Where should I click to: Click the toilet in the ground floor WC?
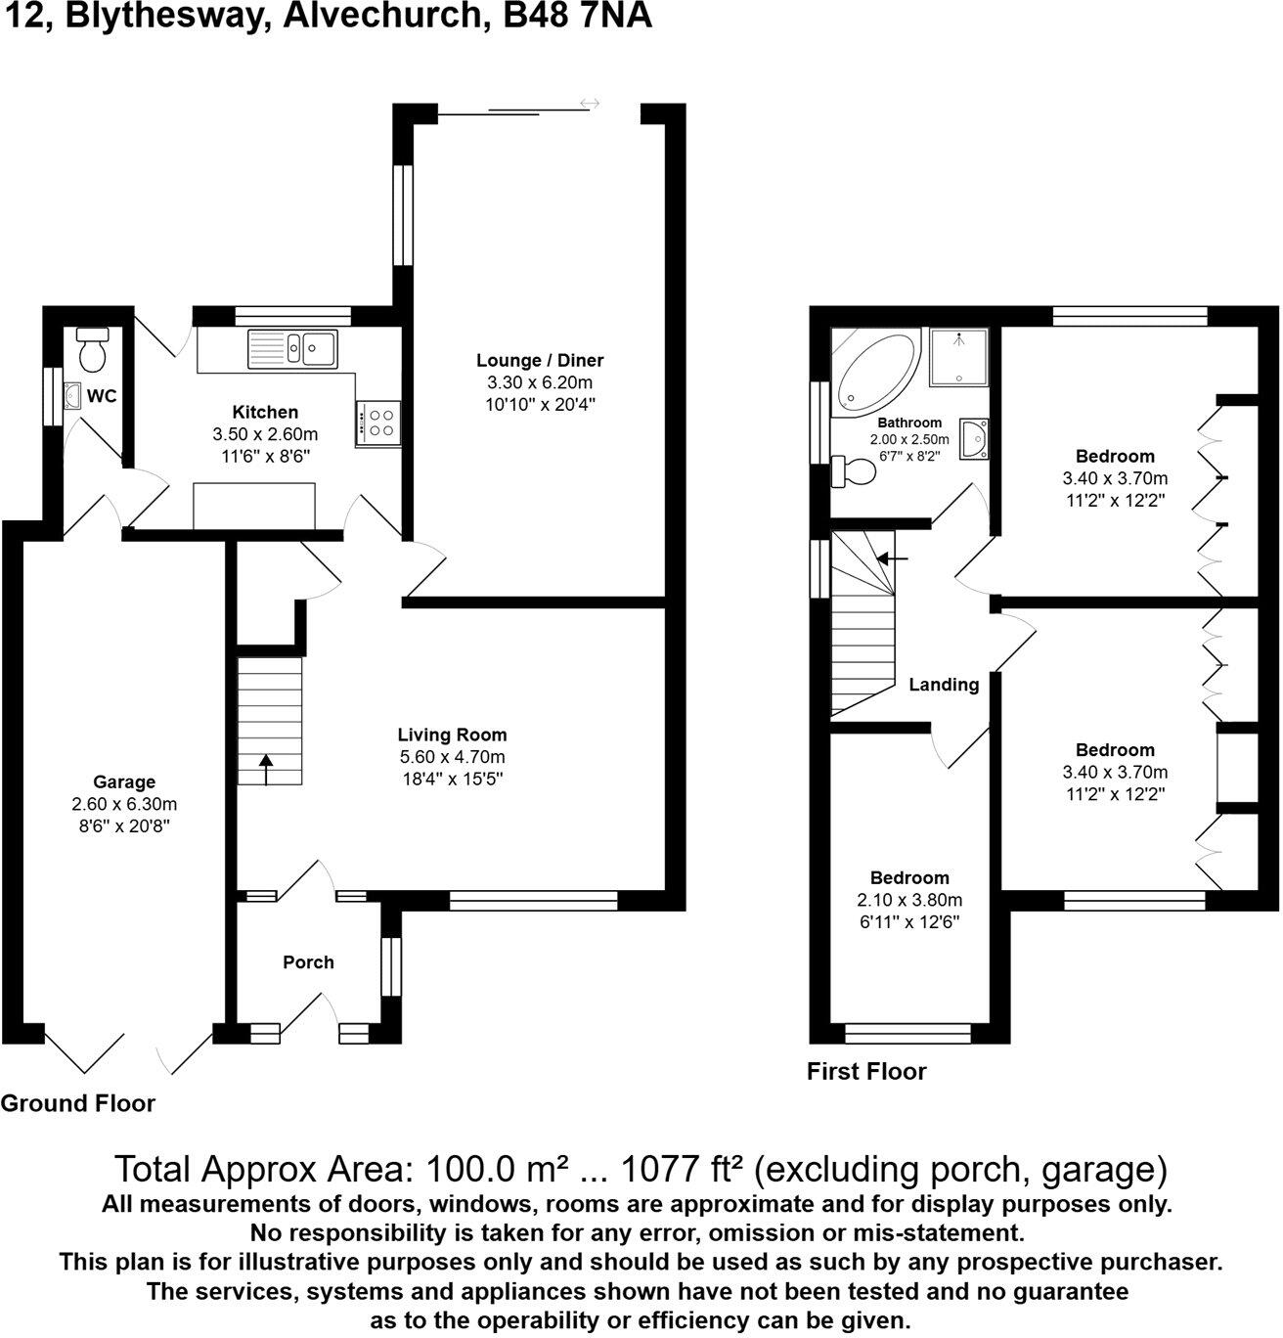click(x=93, y=351)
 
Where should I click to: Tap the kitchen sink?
click(x=293, y=347)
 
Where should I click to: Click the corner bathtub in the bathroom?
click(x=874, y=372)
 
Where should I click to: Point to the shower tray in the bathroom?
click(x=958, y=356)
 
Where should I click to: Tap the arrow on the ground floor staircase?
click(x=266, y=769)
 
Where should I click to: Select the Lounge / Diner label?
click(x=540, y=360)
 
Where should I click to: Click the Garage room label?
click(x=124, y=781)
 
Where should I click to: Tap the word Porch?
click(x=308, y=962)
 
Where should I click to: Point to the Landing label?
click(x=944, y=685)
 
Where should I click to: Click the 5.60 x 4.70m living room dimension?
click(x=452, y=757)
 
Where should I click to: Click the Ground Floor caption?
click(x=78, y=1103)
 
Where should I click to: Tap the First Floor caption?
click(x=866, y=1071)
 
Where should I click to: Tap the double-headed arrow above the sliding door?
click(x=590, y=103)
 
